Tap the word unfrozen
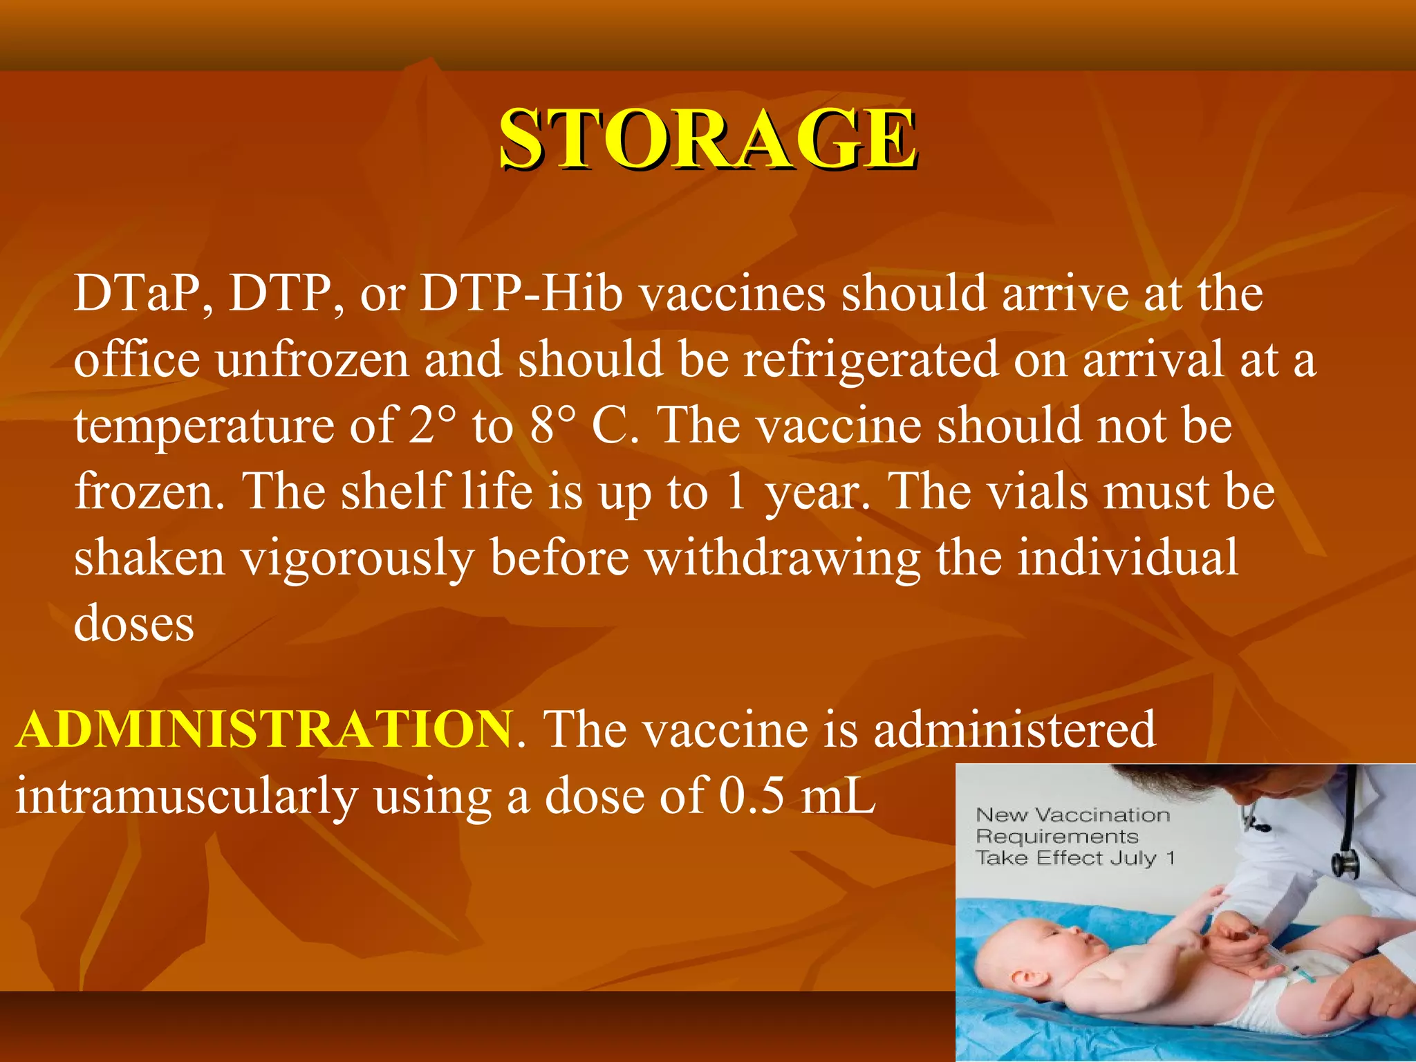tap(313, 360)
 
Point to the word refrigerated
tap(870, 360)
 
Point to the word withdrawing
tap(783, 559)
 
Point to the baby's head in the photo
tap(1041, 954)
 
